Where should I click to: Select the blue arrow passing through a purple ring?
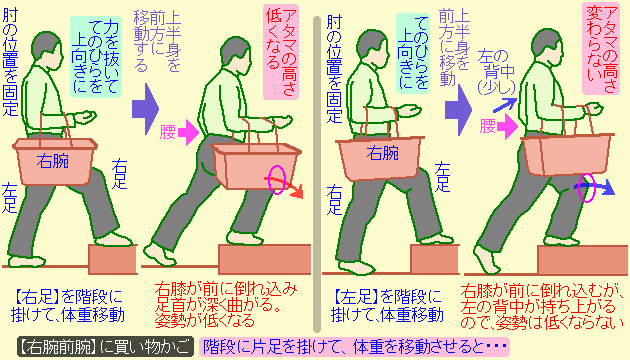tap(596, 186)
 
